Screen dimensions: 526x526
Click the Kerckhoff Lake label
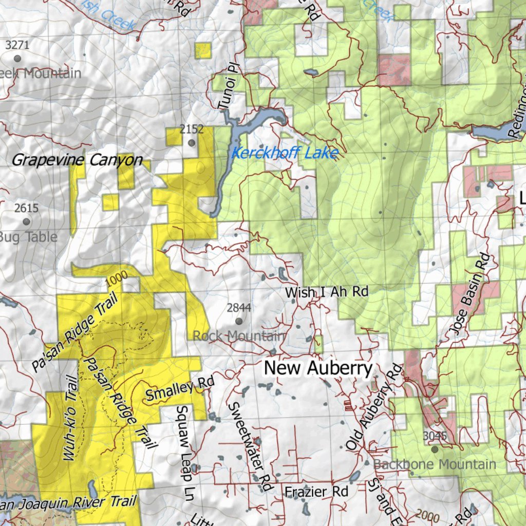pyautogui.click(x=284, y=153)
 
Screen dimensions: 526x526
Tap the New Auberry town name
pyautogui.click(x=318, y=368)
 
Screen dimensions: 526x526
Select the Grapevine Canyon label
pyautogui.click(x=77, y=160)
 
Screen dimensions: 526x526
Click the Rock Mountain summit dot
pyautogui.click(x=239, y=321)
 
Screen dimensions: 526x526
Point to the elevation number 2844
pyautogui.click(x=239, y=308)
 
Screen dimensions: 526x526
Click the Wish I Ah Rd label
pyautogui.click(x=327, y=292)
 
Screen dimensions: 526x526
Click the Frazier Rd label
pyautogui.click(x=317, y=492)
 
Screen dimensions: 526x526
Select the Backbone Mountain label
pyautogui.click(x=435, y=464)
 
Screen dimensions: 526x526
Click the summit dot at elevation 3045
pyautogui.click(x=435, y=449)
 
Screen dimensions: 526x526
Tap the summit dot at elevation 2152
pyautogui.click(x=192, y=143)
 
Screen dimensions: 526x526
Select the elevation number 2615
pyautogui.click(x=26, y=208)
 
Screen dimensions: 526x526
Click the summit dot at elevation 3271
pyautogui.click(x=17, y=58)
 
